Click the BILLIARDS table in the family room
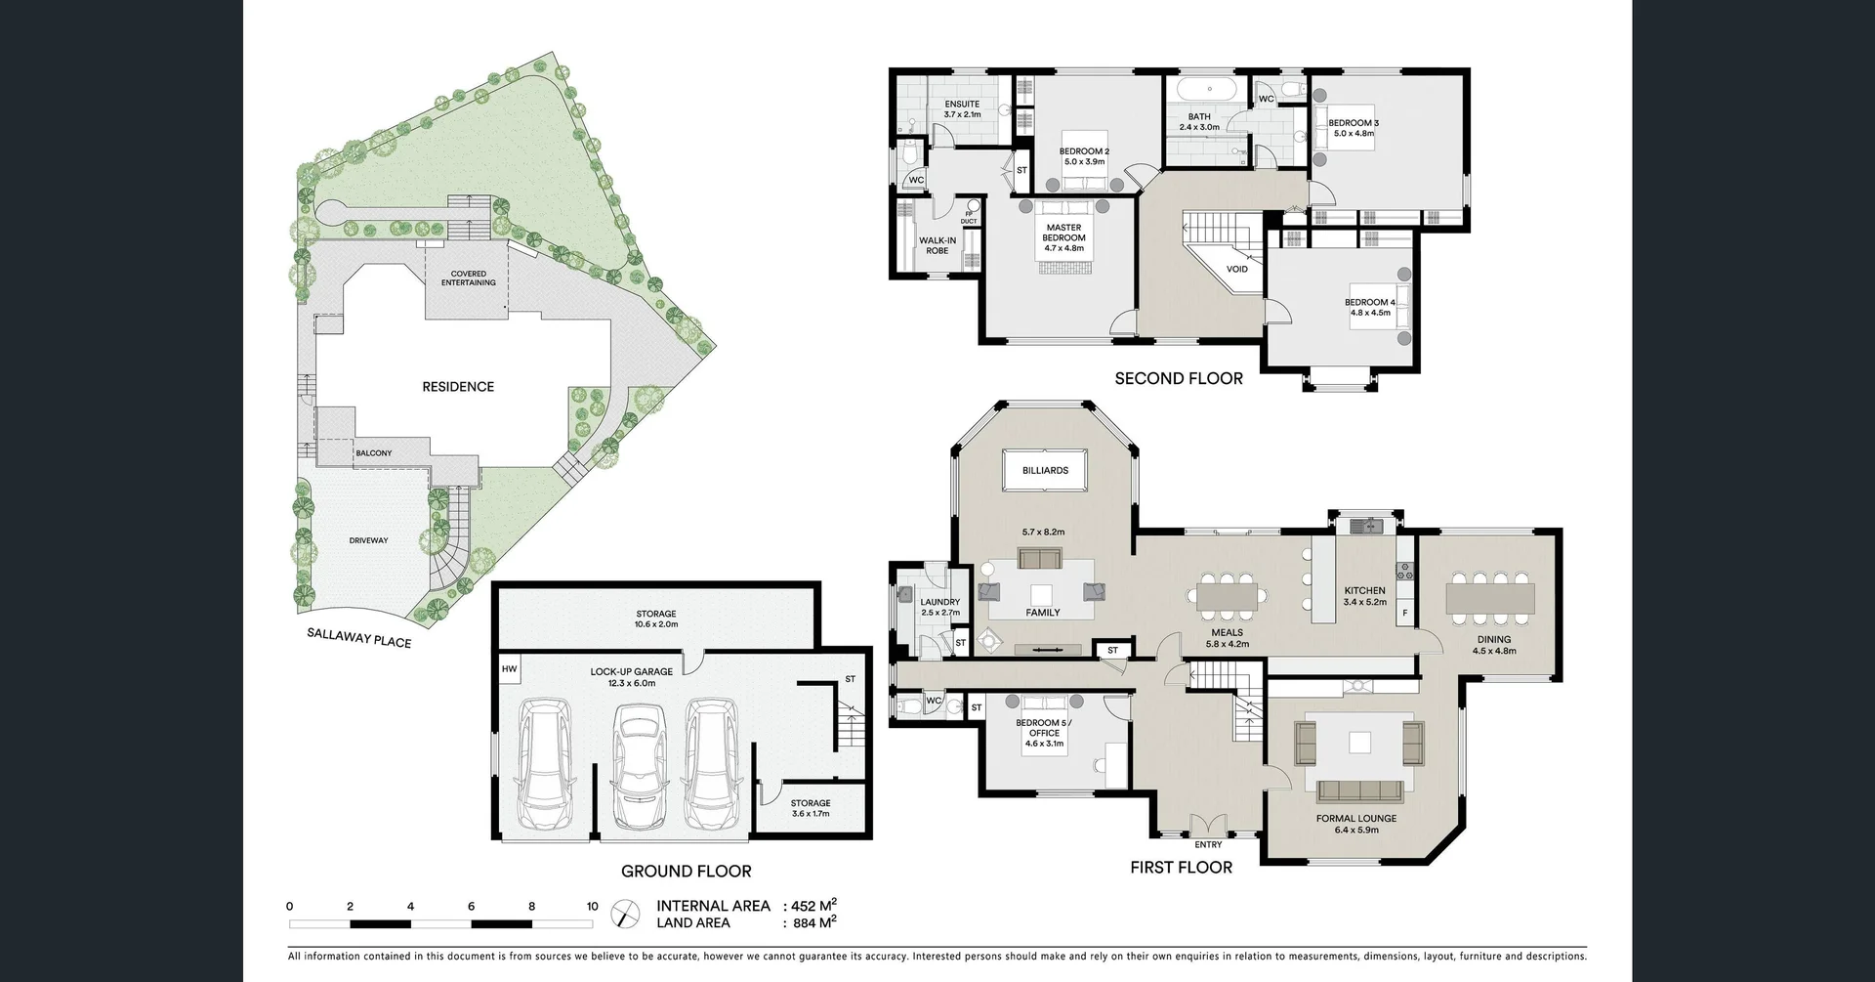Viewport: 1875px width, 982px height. [x=1045, y=470]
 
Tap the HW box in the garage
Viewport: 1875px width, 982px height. [x=509, y=669]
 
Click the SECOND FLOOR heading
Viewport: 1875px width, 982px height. [x=1179, y=378]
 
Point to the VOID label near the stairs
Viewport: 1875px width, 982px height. [x=1236, y=270]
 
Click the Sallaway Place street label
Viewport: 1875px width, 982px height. [x=358, y=637]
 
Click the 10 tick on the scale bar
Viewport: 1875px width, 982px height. [x=592, y=907]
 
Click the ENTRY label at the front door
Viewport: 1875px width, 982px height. [x=1208, y=844]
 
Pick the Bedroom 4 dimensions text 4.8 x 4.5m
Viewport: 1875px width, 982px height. [x=1370, y=313]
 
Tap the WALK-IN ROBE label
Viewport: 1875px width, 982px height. [x=937, y=245]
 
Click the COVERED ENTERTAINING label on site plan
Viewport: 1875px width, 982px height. [x=468, y=278]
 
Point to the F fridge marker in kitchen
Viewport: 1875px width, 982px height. [x=1405, y=614]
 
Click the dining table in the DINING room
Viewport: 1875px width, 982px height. [x=1490, y=596]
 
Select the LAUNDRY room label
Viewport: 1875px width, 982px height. [x=939, y=602]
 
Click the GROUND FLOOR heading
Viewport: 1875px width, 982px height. [x=687, y=871]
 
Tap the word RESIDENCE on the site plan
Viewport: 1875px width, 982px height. [x=458, y=387]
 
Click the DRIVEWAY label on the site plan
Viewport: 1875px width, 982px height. [x=369, y=540]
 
